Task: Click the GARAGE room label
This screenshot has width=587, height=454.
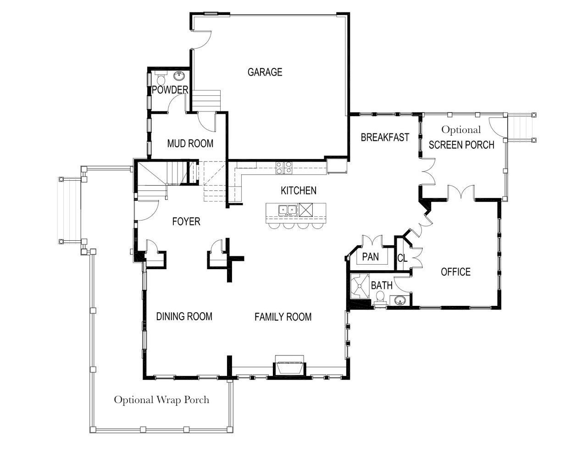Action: (265, 72)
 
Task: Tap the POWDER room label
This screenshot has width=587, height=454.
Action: (170, 90)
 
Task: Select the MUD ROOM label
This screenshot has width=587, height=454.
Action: (190, 144)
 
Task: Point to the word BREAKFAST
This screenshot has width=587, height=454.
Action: (385, 138)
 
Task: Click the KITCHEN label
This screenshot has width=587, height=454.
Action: (299, 191)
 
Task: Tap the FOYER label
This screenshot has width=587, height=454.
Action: (186, 222)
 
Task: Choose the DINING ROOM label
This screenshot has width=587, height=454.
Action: (184, 316)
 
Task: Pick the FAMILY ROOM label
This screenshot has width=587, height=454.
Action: (283, 316)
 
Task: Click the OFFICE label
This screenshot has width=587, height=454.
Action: (456, 271)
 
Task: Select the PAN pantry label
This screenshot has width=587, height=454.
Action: (371, 257)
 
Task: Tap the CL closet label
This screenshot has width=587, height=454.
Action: (402, 258)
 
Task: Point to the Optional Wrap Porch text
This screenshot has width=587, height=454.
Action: (161, 400)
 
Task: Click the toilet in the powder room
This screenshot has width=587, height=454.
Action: (161, 78)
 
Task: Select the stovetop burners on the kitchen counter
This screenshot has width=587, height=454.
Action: (283, 167)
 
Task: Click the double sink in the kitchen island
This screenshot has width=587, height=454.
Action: (288, 210)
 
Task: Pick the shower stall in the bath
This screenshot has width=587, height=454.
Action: (359, 286)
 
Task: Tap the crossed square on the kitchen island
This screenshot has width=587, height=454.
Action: (306, 210)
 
